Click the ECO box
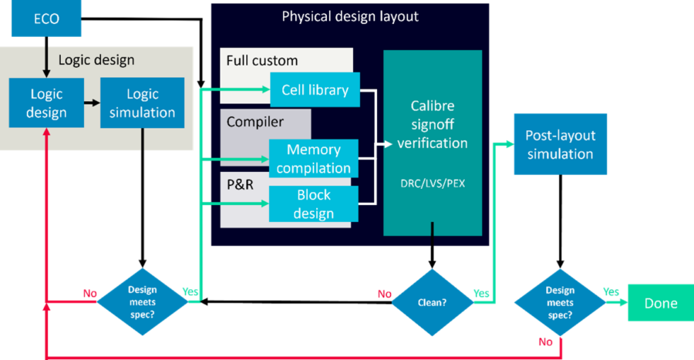tap(46, 19)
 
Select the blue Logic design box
tap(47, 103)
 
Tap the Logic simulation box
tap(142, 103)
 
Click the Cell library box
tap(315, 90)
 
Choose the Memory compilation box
tap(314, 159)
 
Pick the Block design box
tap(314, 204)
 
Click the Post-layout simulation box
tap(560, 145)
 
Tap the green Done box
tap(661, 303)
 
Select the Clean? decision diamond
tap(432, 303)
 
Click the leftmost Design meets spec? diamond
tap(142, 302)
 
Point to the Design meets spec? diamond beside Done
tap(560, 303)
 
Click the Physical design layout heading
tap(350, 16)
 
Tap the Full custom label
tap(262, 60)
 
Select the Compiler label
tap(255, 122)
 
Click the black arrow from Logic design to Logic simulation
tap(93, 103)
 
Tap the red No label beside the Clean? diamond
tap(384, 294)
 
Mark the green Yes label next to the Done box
tap(611, 292)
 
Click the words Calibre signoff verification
tap(432, 126)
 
